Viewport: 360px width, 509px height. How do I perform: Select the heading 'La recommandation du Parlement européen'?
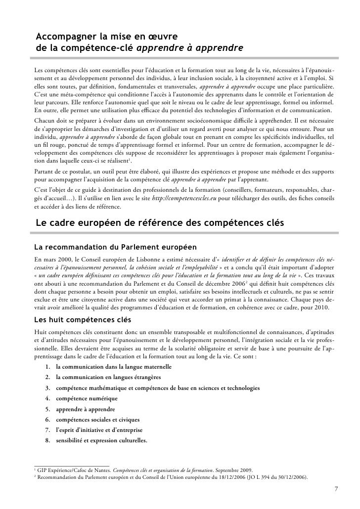[x=115, y=246]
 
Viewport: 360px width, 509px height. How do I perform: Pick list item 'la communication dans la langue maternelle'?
[x=114, y=367]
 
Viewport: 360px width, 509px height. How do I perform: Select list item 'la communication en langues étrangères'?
[x=108, y=378]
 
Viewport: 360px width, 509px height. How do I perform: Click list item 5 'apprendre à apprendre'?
[x=86, y=409]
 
